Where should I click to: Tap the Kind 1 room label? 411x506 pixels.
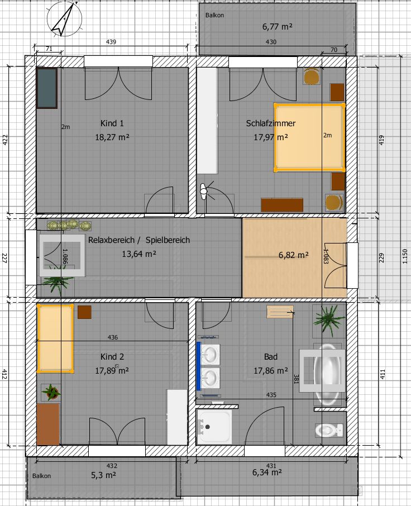[x=112, y=123]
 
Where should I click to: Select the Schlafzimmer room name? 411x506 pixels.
[x=271, y=123]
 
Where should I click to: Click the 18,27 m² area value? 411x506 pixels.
[x=112, y=137]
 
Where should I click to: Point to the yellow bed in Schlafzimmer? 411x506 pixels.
[x=309, y=137]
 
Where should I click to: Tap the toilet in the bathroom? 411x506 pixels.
[x=329, y=430]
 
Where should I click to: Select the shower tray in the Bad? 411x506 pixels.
[x=214, y=427]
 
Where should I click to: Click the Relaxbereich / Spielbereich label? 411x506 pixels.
[x=139, y=240]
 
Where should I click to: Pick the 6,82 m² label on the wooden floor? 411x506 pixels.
[x=294, y=255]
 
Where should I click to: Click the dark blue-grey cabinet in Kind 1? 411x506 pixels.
[x=47, y=88]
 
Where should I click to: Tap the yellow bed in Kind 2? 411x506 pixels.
[x=55, y=338]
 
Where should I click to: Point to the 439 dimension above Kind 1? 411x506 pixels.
[x=111, y=42]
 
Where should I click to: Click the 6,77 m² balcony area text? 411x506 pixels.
[x=278, y=26]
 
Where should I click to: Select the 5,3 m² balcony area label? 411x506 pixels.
[x=103, y=475]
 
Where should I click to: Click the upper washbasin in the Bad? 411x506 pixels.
[x=210, y=354]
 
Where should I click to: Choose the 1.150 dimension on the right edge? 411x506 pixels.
[x=405, y=256]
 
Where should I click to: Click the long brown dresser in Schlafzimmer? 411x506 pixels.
[x=282, y=205]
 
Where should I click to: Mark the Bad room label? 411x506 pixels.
[x=271, y=356]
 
